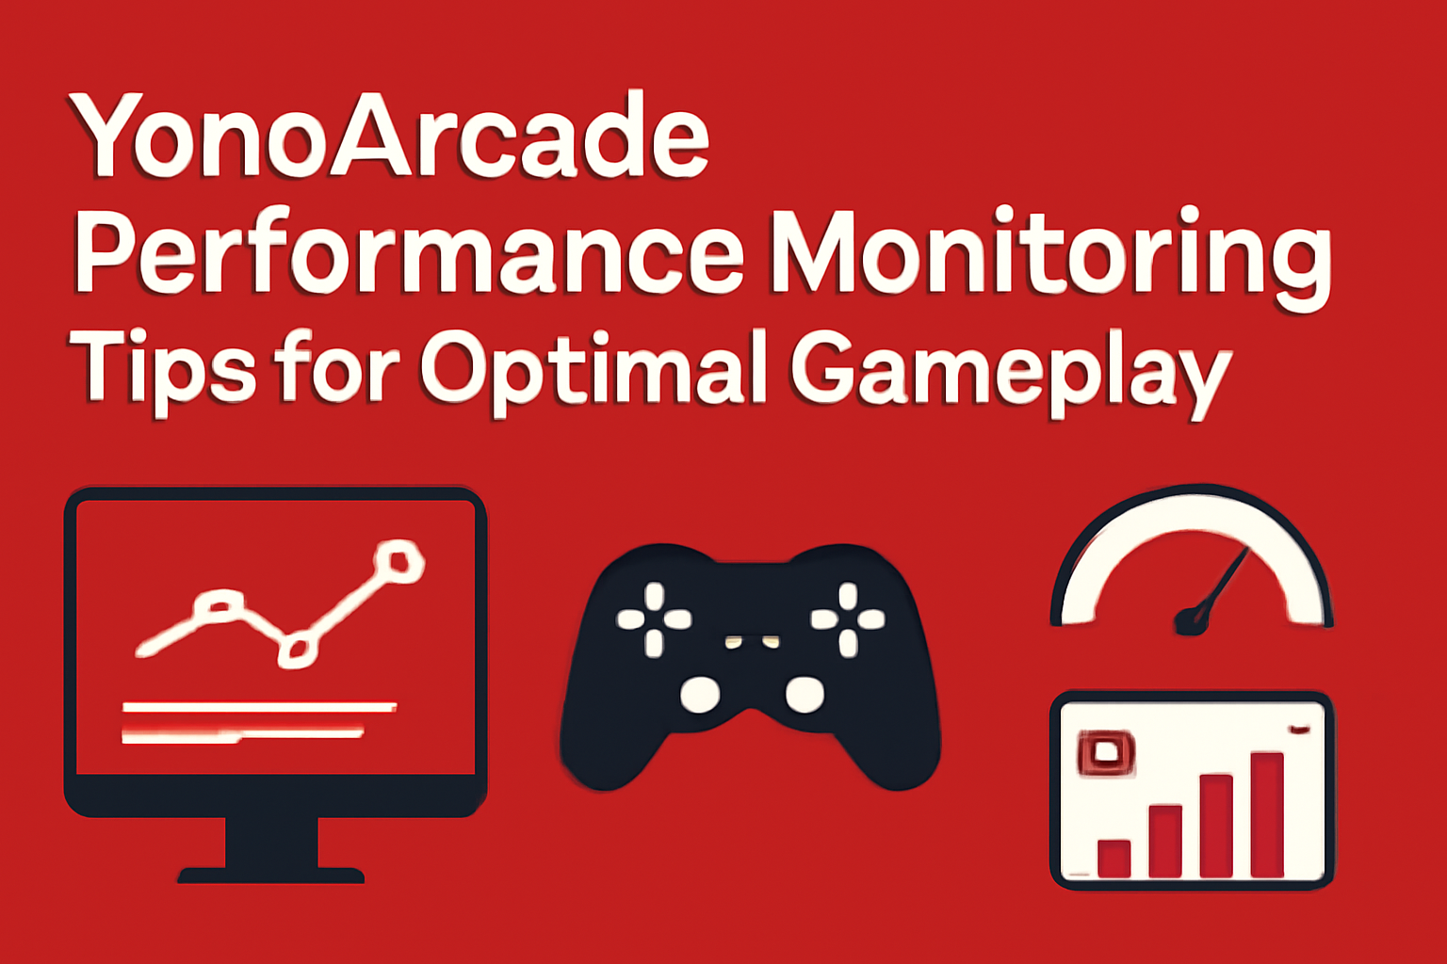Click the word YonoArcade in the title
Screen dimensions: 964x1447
point(388,137)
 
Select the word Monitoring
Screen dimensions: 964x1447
point(1049,254)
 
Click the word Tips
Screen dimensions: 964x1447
point(161,368)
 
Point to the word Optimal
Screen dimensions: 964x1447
point(593,368)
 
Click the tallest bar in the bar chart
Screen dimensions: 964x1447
point(1266,814)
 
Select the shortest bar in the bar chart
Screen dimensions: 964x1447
point(1114,858)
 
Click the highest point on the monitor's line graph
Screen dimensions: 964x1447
point(398,561)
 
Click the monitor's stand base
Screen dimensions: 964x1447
point(271,875)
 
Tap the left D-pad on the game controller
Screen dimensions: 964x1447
point(654,619)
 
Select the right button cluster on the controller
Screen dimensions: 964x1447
point(847,619)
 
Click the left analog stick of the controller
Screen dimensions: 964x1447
point(700,695)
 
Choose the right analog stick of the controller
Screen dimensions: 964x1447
point(805,695)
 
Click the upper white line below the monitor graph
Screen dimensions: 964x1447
point(259,706)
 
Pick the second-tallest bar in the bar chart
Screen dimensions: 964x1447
point(1215,826)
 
